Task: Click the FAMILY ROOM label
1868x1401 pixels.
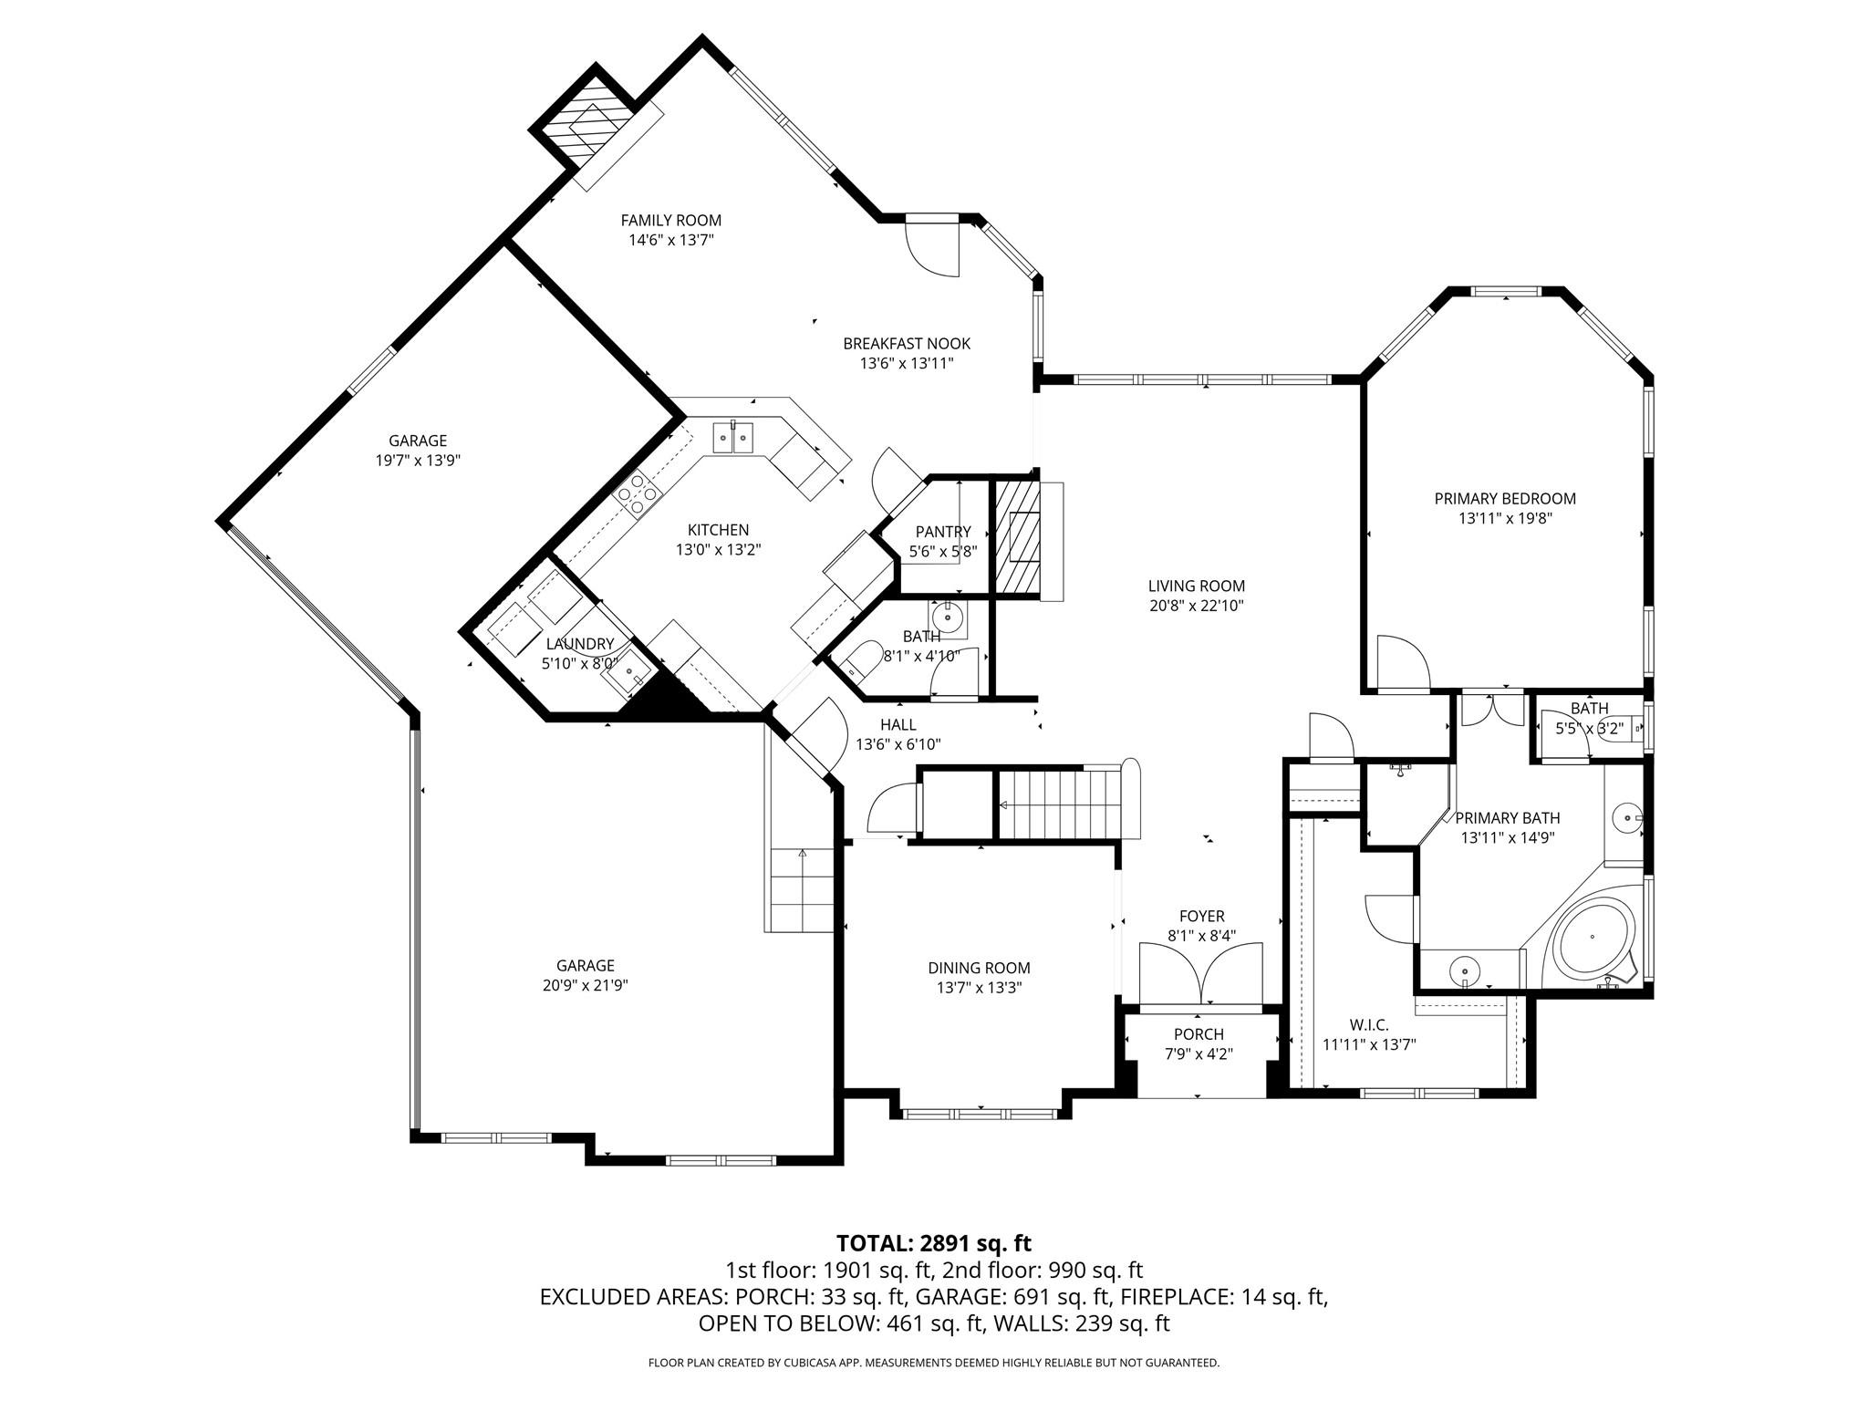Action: tap(670, 221)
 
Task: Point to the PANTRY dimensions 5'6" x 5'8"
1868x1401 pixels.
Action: tap(943, 552)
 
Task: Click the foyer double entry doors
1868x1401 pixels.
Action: tap(1201, 974)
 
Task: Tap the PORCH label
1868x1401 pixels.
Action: tap(1199, 1034)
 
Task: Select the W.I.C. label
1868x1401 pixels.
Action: tap(1368, 1025)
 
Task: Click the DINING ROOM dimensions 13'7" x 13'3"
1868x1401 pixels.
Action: tap(979, 988)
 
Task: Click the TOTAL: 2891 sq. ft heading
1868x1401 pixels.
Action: tap(933, 1243)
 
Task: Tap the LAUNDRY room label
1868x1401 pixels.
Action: tap(579, 644)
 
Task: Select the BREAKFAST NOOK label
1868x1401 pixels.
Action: tap(906, 344)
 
